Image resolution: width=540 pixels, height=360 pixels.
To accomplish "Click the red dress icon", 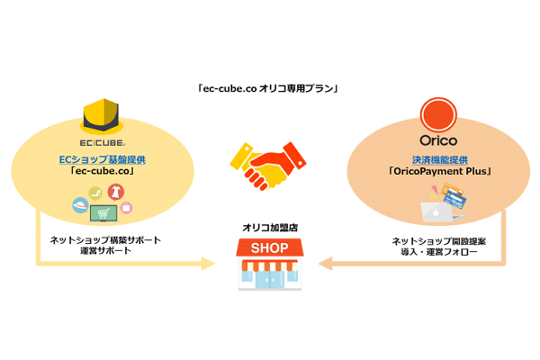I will point(116,192).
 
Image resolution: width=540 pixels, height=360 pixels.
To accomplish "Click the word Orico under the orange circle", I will point(439,141).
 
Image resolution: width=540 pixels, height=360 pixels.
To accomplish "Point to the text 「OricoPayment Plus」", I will point(439,173).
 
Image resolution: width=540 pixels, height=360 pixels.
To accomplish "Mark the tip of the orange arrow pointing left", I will point(322,264).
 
